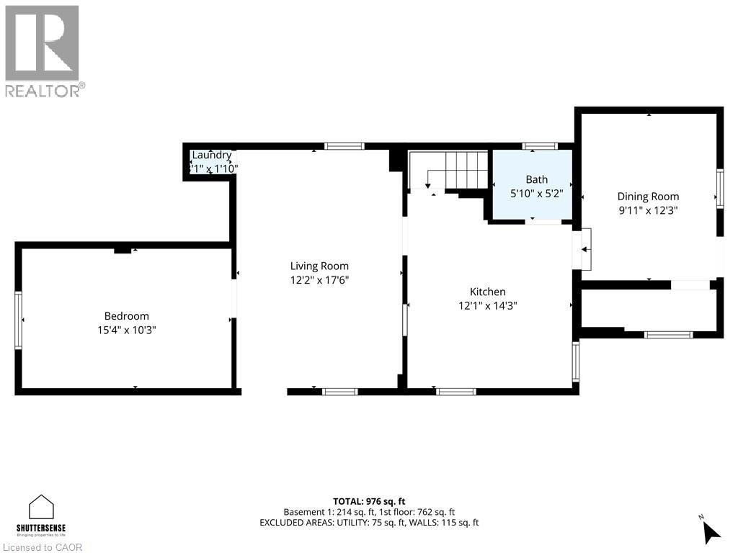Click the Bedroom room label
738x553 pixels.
[x=126, y=316]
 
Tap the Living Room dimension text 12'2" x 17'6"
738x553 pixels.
[x=319, y=280]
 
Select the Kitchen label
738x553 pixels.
[x=488, y=292]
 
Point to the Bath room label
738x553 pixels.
[x=536, y=179]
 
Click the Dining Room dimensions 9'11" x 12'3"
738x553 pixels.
[x=648, y=210]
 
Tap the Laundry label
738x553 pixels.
[x=211, y=155]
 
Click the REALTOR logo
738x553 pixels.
[x=43, y=50]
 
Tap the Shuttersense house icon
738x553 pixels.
[x=42, y=507]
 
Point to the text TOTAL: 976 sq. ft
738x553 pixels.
[x=369, y=500]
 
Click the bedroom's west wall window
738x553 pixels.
[x=19, y=320]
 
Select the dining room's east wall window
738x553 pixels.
[x=719, y=188]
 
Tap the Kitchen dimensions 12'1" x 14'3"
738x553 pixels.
[x=488, y=305]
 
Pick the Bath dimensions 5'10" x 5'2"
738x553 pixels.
[x=536, y=193]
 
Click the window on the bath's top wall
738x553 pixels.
[x=535, y=146]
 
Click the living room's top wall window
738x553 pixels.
[x=344, y=146]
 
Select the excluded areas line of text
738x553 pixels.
[x=369, y=523]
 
